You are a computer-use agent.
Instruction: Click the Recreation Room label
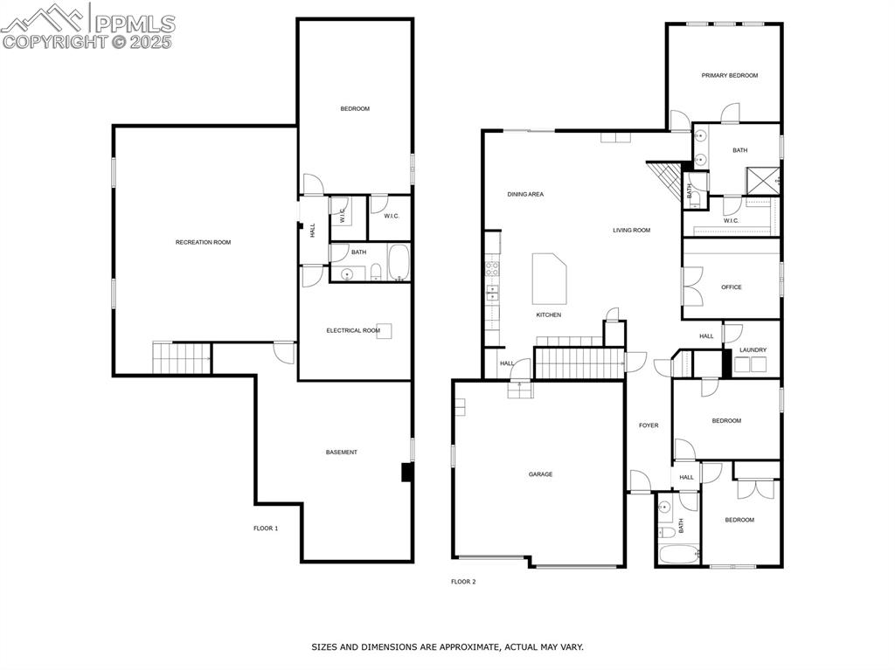pyautogui.click(x=203, y=242)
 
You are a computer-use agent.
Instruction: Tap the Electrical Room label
pyautogui.click(x=353, y=330)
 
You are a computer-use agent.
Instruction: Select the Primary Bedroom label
pyautogui.click(x=729, y=76)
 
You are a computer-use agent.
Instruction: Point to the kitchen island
pyautogui.click(x=550, y=279)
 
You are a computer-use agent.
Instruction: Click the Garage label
pyautogui.click(x=540, y=474)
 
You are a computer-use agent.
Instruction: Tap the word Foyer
pyautogui.click(x=649, y=425)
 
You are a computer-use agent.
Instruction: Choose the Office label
pyautogui.click(x=732, y=287)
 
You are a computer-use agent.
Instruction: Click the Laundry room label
pyautogui.click(x=753, y=350)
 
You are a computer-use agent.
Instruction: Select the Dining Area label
pyautogui.click(x=525, y=194)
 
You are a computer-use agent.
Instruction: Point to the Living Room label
pyautogui.click(x=631, y=231)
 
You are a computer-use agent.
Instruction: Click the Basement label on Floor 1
pyautogui.click(x=341, y=452)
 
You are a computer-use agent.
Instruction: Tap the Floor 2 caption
pyautogui.click(x=463, y=582)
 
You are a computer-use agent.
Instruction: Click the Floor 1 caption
pyautogui.click(x=266, y=528)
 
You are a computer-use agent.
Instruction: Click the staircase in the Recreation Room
pyautogui.click(x=182, y=357)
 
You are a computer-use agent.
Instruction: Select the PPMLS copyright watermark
pyautogui.click(x=88, y=26)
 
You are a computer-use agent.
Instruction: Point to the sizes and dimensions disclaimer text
pyautogui.click(x=447, y=647)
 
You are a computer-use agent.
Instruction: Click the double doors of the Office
pyautogui.click(x=692, y=287)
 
